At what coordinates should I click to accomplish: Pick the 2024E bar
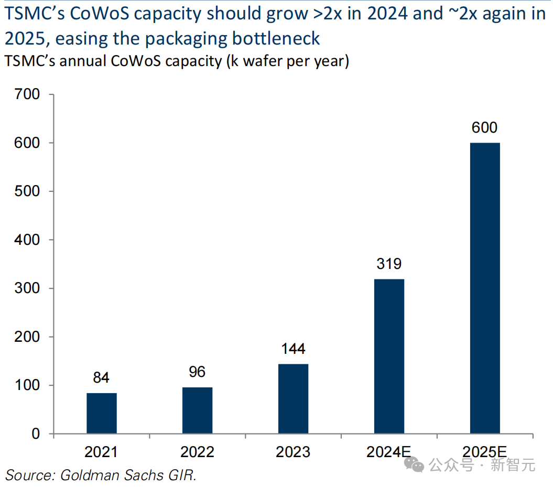(389, 356)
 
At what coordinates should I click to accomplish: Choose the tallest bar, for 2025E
(484, 288)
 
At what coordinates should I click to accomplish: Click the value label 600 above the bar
(484, 128)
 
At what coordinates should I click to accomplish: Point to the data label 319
(389, 264)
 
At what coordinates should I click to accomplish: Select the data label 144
(293, 349)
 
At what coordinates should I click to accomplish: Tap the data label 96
(197, 372)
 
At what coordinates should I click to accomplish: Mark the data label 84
(102, 378)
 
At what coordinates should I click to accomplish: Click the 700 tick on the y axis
(28, 95)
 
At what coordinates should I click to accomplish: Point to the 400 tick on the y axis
(28, 240)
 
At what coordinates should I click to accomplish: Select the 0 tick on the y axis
(36, 434)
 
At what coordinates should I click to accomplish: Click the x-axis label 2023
(293, 452)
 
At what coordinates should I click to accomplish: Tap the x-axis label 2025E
(484, 452)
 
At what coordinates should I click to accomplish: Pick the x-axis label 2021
(102, 452)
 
